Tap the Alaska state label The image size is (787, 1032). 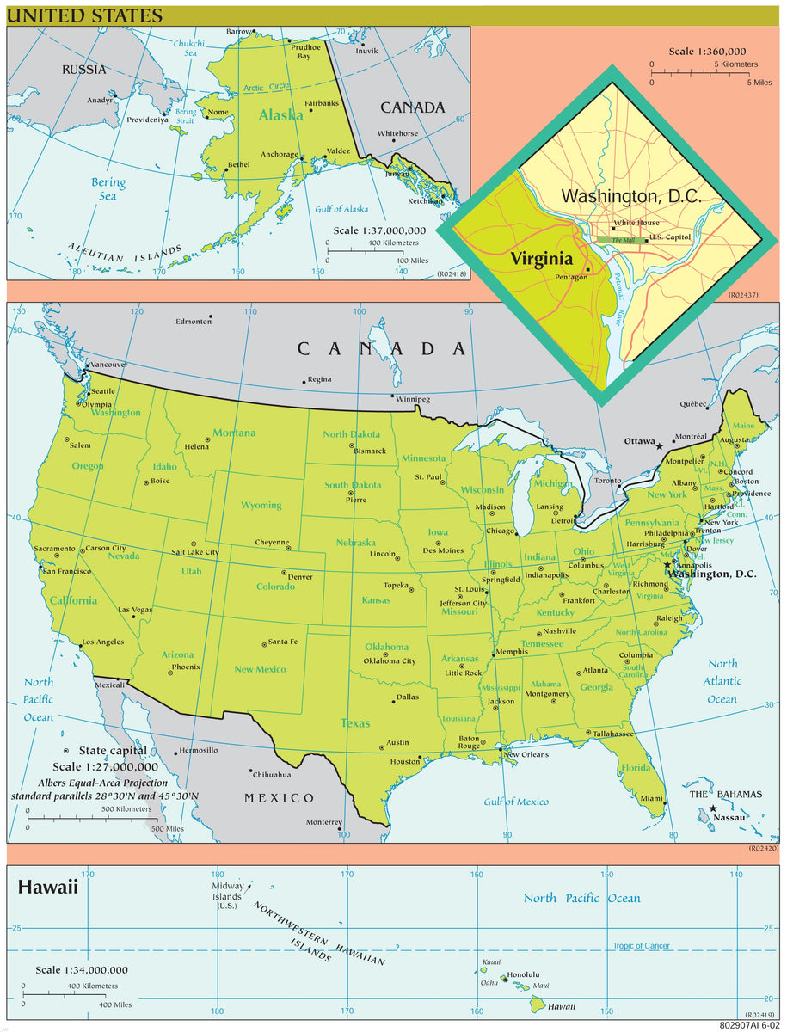(281, 115)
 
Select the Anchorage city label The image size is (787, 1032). (280, 156)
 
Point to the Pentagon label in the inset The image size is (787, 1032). (571, 277)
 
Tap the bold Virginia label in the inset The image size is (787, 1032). (541, 259)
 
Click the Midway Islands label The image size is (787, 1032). (228, 896)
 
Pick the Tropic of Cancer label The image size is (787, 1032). (641, 946)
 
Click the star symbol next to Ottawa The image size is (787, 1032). (660, 446)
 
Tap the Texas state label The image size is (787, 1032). (355, 723)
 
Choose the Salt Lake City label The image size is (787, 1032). (195, 552)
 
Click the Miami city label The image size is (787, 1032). (651, 799)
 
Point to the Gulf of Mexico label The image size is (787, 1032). (516, 802)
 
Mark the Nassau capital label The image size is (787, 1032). (729, 817)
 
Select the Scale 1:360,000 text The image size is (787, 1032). (707, 52)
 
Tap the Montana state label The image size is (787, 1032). (234, 433)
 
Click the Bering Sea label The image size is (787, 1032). (108, 189)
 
